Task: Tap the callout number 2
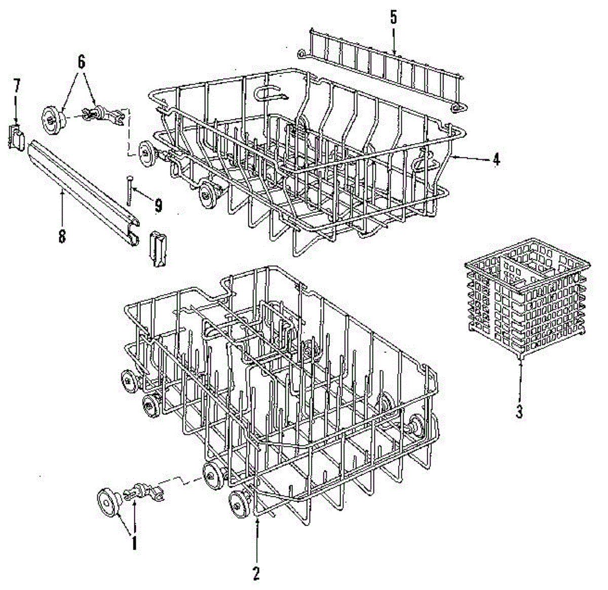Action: (256, 573)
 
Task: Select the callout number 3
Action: (519, 412)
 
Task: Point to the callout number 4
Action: (496, 160)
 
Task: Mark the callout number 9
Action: (158, 205)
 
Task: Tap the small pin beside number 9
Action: (130, 190)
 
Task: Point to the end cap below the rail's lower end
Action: (157, 248)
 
